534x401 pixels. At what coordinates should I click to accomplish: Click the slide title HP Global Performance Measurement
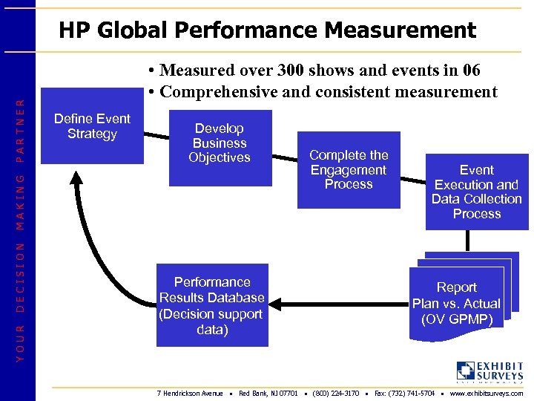[x=267, y=30]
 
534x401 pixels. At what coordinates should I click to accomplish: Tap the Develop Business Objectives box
[x=220, y=146]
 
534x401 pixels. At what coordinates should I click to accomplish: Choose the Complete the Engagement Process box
[x=349, y=169]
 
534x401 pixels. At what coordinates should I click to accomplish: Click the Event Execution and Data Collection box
[x=477, y=192]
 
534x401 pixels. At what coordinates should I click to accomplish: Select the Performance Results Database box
[x=212, y=305]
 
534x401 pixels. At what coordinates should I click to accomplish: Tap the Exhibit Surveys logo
[x=489, y=371]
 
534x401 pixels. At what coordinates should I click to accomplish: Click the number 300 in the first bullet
[x=294, y=71]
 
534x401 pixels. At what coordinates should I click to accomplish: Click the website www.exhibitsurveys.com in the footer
[x=486, y=393]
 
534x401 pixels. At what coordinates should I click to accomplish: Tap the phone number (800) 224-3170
[x=336, y=393]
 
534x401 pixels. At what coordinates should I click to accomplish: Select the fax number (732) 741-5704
[x=404, y=393]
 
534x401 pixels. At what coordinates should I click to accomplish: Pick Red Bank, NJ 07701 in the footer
[x=268, y=393]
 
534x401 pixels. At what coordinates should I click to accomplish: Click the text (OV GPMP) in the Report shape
[x=456, y=319]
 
